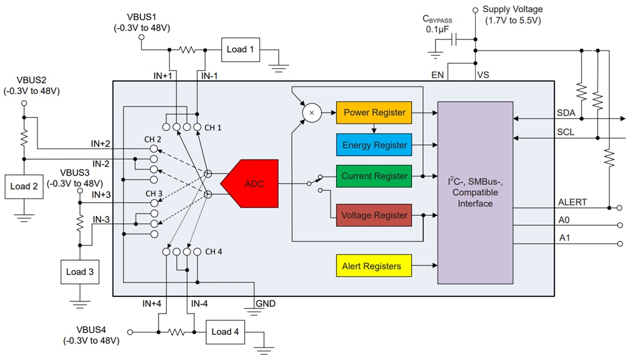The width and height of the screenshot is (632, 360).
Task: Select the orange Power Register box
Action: [374, 113]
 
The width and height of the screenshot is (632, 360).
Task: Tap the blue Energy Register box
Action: [374, 145]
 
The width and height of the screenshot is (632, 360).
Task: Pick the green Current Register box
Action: [374, 176]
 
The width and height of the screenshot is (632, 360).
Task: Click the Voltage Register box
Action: [374, 215]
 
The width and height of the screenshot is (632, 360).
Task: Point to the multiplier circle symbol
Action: [311, 113]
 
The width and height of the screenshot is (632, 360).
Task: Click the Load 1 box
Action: [240, 49]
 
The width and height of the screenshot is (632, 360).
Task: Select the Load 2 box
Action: [24, 187]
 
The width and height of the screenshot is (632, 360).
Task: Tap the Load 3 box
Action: [80, 272]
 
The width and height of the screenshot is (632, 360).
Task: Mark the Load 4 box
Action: [225, 332]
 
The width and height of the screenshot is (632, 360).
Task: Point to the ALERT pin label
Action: [572, 202]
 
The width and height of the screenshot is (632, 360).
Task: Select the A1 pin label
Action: [565, 238]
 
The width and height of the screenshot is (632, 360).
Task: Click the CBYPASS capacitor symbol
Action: [454, 40]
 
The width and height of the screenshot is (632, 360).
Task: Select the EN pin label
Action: [438, 75]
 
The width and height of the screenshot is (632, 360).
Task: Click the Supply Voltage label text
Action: [512, 9]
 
